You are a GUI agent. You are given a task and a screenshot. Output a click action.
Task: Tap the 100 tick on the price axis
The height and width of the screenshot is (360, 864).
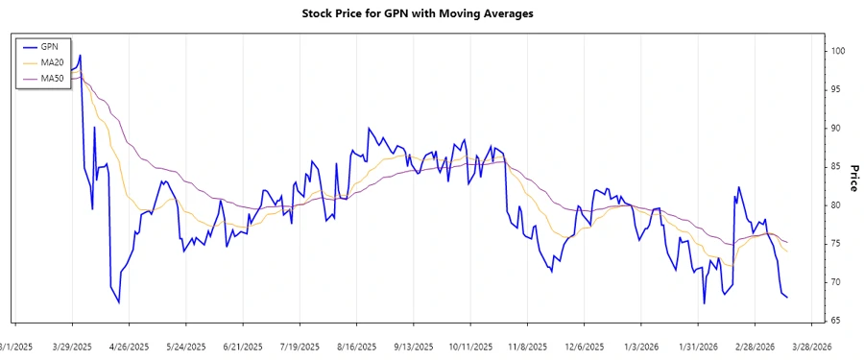tap(838, 51)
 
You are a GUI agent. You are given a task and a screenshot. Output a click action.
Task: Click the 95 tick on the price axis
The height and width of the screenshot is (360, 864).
tap(836, 89)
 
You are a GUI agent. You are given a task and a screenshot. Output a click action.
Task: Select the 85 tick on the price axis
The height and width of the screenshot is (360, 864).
tap(836, 167)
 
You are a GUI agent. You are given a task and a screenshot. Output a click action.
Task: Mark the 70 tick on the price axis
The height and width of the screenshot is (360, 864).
tap(836, 282)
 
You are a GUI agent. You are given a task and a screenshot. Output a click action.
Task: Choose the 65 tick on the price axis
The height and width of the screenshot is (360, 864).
tap(836, 321)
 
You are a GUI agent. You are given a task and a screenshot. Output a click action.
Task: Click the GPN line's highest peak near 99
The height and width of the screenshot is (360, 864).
tap(81, 55)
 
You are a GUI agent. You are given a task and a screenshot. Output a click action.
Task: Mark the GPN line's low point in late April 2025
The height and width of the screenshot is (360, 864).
tap(119, 302)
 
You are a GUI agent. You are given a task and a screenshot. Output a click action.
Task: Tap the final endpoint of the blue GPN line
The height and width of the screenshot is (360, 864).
tap(788, 297)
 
